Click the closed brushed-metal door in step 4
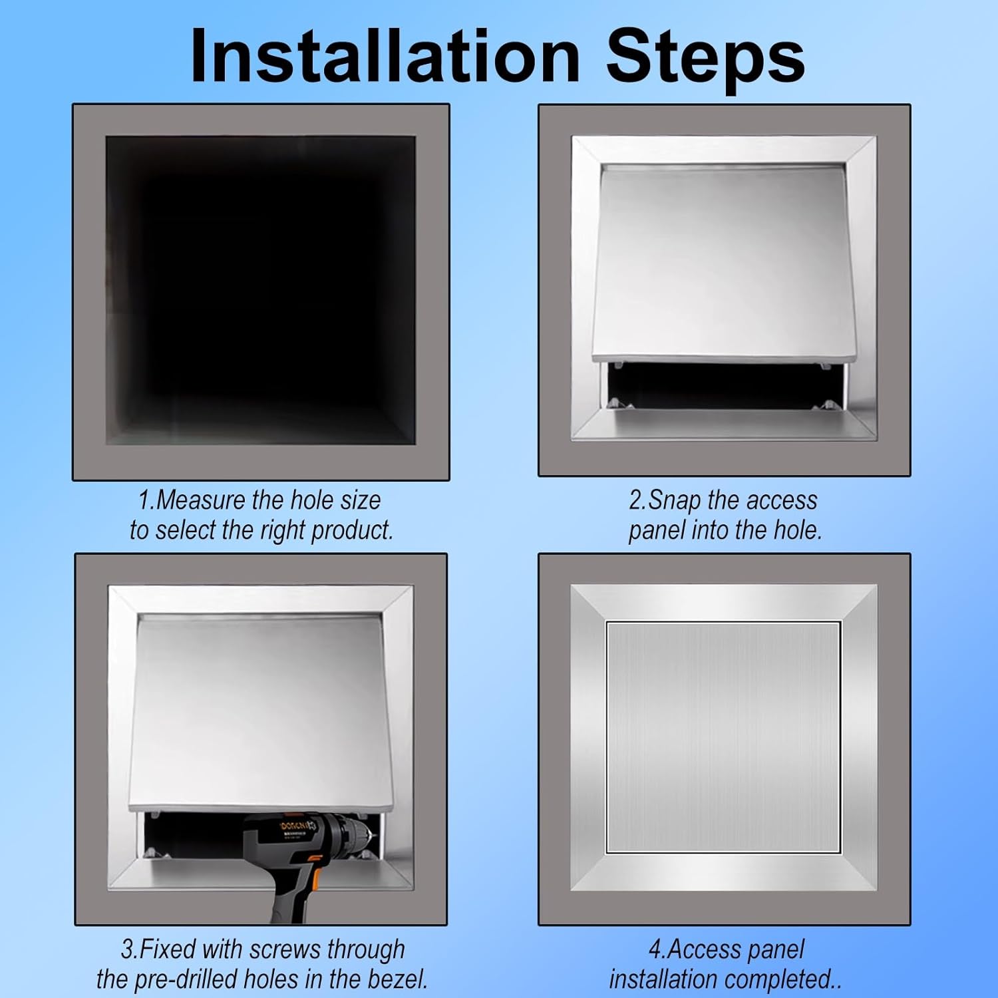[x=724, y=737]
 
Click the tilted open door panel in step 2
[x=724, y=266]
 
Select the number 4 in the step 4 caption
[x=655, y=949]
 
